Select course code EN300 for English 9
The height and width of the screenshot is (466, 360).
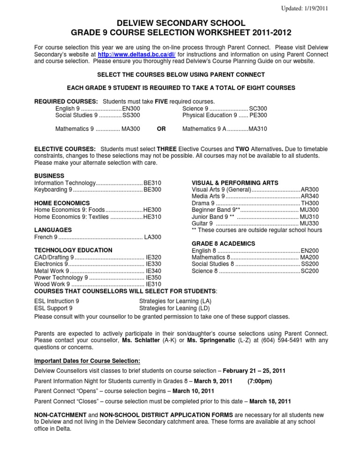[x=131, y=108]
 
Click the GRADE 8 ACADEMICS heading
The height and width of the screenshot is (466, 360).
[x=224, y=244]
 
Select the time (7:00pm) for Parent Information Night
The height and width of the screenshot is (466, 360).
[x=260, y=381]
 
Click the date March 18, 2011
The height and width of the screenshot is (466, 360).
[x=270, y=401]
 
